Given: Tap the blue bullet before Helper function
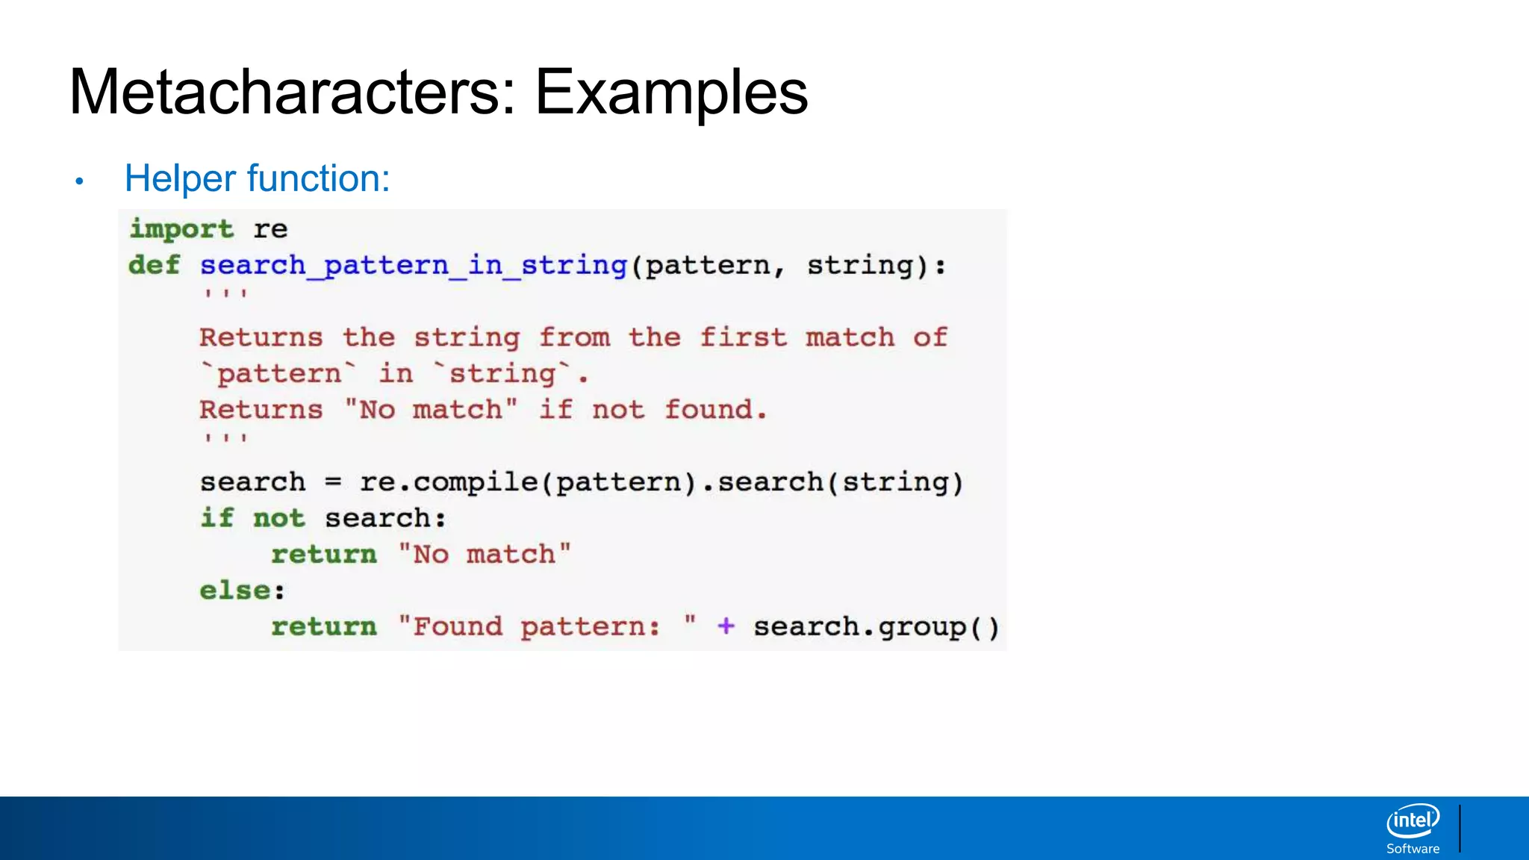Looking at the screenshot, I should click(79, 181).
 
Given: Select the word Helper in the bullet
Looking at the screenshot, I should click(180, 178).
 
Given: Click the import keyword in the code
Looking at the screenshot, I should click(181, 229).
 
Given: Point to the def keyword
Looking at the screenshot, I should click(155, 265).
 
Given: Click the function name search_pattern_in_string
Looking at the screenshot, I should click(414, 265).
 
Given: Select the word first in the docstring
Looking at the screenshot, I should click(743, 337).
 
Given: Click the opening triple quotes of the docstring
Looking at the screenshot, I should click(225, 294).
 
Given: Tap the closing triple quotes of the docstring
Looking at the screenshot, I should click(225, 439).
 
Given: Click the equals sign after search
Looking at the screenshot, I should click(333, 482).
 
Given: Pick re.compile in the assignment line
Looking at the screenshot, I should click(448, 482).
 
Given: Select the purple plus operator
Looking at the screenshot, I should click(726, 626).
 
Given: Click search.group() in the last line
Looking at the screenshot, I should click(876, 627).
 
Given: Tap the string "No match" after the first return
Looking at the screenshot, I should click(485, 555).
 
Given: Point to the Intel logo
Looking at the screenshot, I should click(1413, 821).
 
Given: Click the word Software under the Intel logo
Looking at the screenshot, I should click(1413, 849).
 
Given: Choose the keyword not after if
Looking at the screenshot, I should click(278, 518).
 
